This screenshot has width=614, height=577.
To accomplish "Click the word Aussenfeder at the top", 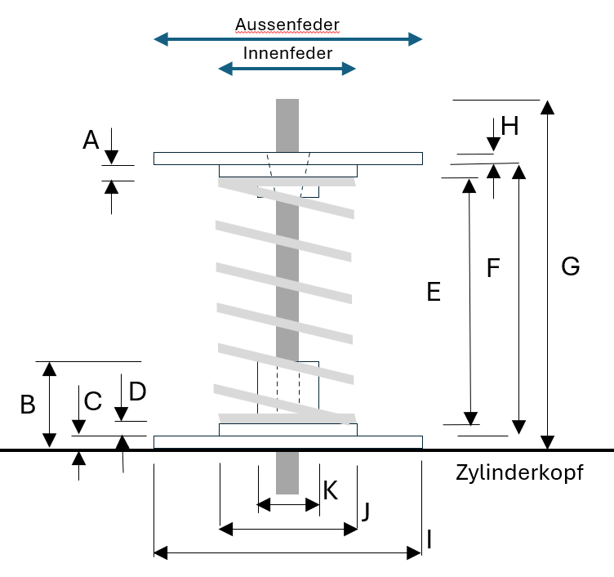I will tap(287, 24).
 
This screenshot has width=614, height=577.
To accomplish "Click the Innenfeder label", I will tap(287, 54).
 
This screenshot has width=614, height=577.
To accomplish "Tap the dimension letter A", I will tap(91, 141).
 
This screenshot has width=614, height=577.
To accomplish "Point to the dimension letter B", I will tap(28, 405).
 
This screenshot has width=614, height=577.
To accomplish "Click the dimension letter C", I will tap(93, 401).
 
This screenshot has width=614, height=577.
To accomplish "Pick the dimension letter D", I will tap(137, 392).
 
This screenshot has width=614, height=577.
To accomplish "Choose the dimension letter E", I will tap(434, 292).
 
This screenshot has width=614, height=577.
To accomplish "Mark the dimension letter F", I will tap(492, 268).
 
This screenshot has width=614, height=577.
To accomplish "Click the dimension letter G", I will tap(571, 266).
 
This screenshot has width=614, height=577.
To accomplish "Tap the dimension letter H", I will tap(509, 126).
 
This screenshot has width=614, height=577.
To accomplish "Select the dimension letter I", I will tap(429, 539).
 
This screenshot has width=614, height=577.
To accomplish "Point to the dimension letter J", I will tap(367, 512).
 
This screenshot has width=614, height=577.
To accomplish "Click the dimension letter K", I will tap(331, 490).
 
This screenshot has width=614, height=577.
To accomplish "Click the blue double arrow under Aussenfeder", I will tap(288, 38).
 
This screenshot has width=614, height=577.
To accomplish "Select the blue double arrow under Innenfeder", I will tap(287, 69).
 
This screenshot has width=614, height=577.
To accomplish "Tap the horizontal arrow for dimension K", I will tap(288, 504).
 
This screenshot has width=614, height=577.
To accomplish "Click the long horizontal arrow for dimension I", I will tap(288, 553).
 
